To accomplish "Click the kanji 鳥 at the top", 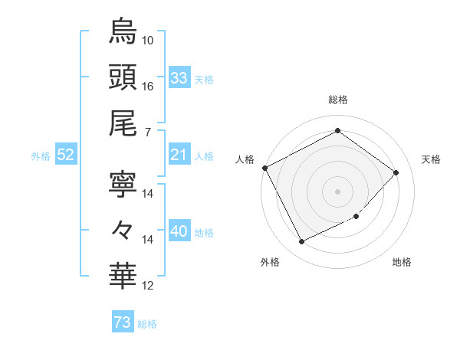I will pos(123,32).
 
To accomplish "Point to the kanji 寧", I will pos(123,185).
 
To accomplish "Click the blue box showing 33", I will pos(179,78).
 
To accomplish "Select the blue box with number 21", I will pos(179,155).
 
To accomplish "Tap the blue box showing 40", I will pos(179,232).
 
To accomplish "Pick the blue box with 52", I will pos(66,155).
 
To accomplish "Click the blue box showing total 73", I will pos(123,323).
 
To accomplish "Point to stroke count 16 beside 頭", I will pos(148,86).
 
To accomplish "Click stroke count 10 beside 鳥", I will pos(148,40).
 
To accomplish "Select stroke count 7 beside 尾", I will pos(147,133).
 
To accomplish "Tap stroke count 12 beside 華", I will pos(148,286).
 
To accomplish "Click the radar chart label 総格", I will pos(337,100).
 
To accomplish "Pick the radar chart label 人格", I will pos(245,159).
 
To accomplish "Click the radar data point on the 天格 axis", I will pos(396,172).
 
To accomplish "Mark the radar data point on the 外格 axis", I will pos(301,242).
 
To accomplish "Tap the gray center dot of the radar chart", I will pos(337,191).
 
